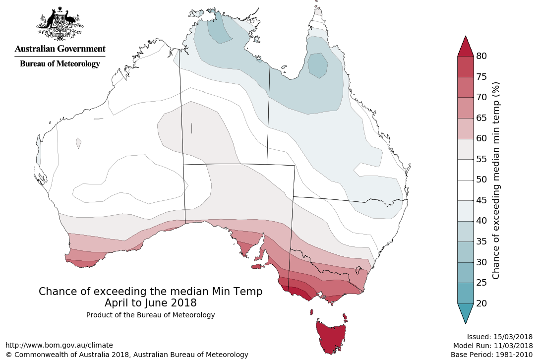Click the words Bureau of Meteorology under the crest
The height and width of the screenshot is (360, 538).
60,64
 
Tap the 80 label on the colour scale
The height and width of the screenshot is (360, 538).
481,56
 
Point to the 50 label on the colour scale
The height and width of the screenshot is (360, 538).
481,180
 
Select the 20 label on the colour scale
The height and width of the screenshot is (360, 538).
481,303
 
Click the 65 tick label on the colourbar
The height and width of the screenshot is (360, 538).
481,118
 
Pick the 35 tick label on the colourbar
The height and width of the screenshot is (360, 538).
481,241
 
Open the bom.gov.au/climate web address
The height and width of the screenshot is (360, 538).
59,345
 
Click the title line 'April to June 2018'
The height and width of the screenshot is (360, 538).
150,302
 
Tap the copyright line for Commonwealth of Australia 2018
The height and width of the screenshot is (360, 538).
127,355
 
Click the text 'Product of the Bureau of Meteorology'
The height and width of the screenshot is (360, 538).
150,315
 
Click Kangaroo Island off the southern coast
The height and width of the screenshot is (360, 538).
256,267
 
